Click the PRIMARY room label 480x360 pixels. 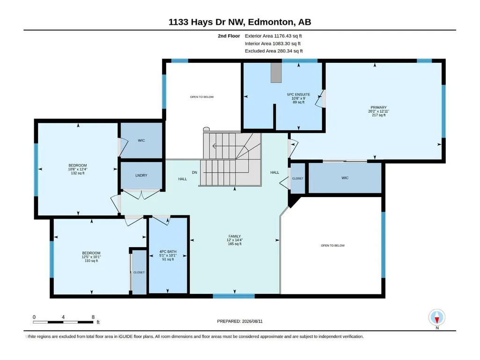point(379,108)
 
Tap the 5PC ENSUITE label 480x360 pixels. point(298,95)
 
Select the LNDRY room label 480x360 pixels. point(141,176)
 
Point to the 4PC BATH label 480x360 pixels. point(168,252)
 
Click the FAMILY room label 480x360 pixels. point(235,236)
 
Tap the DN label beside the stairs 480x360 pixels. point(194,172)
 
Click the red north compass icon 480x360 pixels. point(437,317)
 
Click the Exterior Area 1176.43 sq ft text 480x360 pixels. point(273,36)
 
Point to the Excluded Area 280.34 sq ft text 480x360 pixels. point(273,51)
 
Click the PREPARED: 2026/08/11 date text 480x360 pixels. point(240,321)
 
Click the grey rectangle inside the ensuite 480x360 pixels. point(276,73)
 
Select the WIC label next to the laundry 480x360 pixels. point(141,140)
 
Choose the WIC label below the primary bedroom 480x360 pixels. point(345,178)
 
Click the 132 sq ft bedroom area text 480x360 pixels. point(78,173)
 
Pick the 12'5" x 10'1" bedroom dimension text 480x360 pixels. point(91,257)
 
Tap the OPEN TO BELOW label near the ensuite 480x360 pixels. point(202,97)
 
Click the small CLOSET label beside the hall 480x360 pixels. point(297,178)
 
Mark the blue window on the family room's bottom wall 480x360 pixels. point(234,296)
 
